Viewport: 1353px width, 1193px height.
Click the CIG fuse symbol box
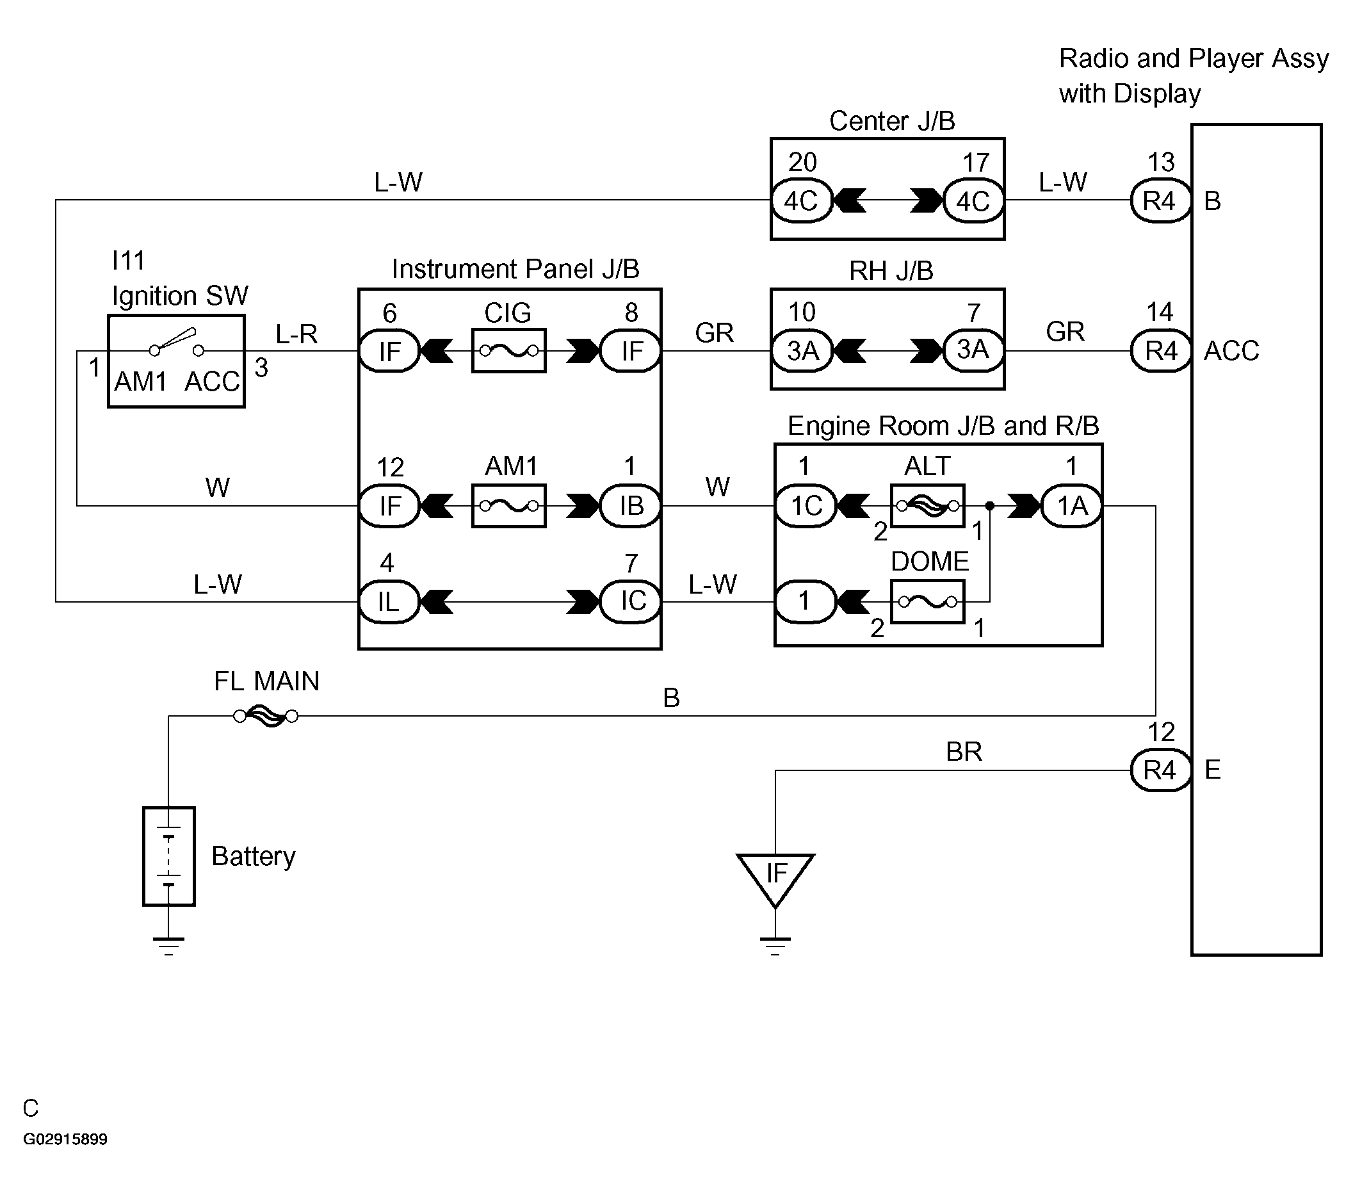[508, 350]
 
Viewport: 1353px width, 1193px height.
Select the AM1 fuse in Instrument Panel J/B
[508, 506]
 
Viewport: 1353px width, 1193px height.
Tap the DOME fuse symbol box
[927, 601]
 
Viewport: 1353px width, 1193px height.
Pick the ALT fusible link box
[927, 506]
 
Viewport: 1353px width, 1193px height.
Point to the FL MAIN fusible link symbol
[266, 716]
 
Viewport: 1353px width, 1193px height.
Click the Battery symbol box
[169, 856]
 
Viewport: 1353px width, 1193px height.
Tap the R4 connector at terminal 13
[1160, 200]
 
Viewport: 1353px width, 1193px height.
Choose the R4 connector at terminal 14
[1160, 350]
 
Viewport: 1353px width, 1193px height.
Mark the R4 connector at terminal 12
[1160, 769]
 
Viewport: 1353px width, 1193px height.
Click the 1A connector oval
[1072, 506]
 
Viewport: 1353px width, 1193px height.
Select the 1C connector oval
[806, 506]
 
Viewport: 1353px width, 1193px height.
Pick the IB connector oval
[631, 506]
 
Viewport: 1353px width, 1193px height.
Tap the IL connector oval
[389, 601]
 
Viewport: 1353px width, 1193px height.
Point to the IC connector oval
[631, 601]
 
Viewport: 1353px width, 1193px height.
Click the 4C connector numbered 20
[802, 200]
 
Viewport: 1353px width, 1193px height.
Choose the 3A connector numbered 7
[973, 350]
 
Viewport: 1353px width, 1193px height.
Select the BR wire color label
[964, 751]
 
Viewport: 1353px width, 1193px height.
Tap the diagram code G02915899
[65, 1139]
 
